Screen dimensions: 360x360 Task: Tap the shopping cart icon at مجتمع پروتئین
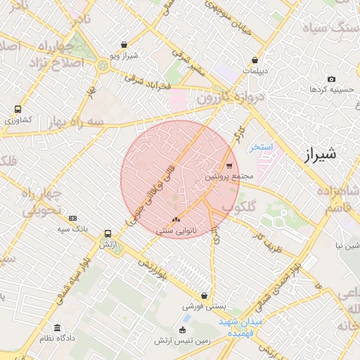pos(229,167)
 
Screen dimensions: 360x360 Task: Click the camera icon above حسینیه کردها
pos(332,79)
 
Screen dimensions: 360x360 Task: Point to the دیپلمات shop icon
pos(263,60)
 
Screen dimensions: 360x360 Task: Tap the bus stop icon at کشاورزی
pos(17,110)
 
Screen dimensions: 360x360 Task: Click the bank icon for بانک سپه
pos(72,218)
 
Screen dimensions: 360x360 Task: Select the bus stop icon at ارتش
pos(108,233)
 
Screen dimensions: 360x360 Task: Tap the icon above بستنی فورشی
pos(205,296)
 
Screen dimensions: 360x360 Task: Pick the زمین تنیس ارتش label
pos(183,340)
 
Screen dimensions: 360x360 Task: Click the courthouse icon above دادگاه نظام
pos(57,328)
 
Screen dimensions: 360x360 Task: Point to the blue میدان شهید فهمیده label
pos(240,326)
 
